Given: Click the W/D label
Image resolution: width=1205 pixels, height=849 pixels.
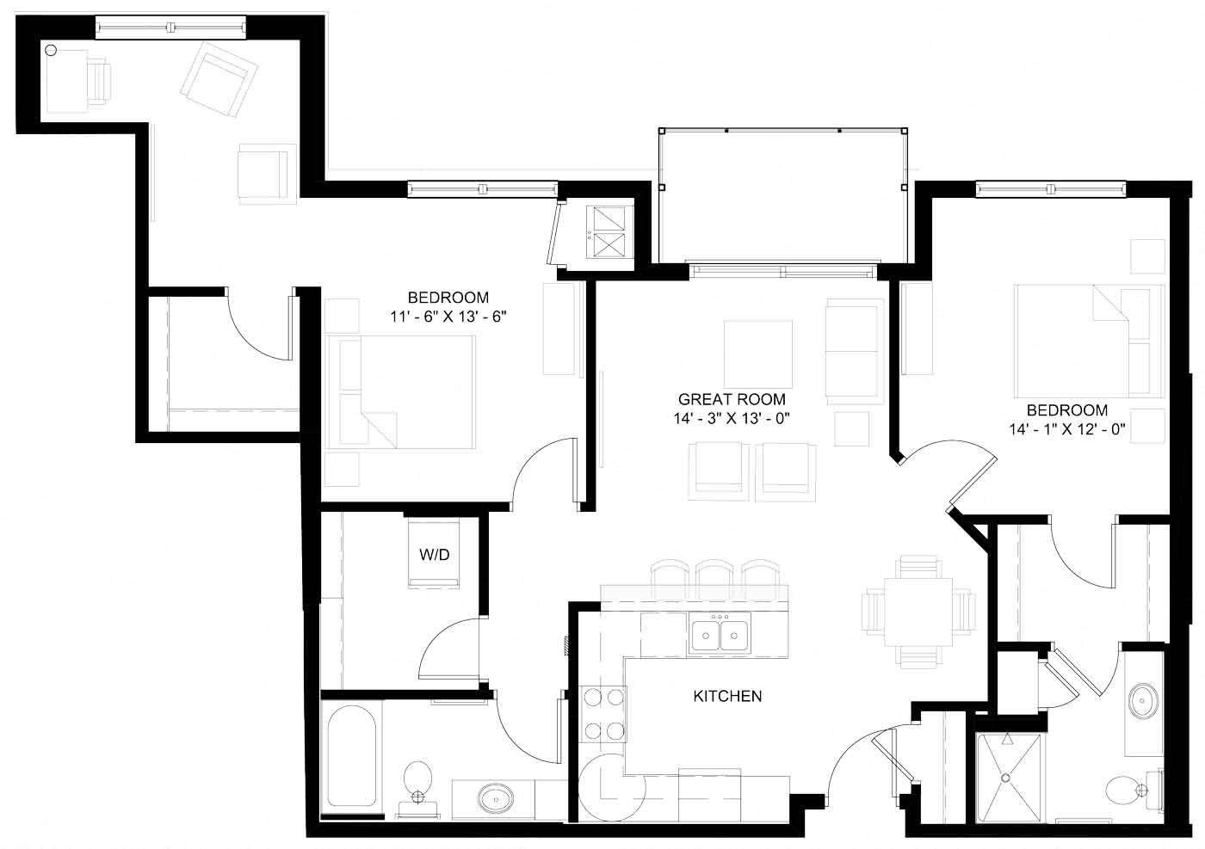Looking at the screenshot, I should (x=435, y=555).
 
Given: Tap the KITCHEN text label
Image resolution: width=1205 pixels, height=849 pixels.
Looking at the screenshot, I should (x=727, y=696).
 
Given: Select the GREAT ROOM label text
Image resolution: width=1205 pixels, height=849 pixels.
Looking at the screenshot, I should (x=732, y=399).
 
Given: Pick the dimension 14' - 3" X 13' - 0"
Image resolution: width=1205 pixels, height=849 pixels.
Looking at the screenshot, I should (x=732, y=419).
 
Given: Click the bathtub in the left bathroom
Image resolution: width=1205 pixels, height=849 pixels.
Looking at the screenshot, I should (x=351, y=757).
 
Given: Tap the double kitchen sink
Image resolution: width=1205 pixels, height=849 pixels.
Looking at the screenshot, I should (x=720, y=635).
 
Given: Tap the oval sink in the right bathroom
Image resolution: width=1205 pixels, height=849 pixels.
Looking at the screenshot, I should (x=1143, y=701).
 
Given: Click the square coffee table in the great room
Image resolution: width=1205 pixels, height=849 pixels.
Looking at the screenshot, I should (x=758, y=354).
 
